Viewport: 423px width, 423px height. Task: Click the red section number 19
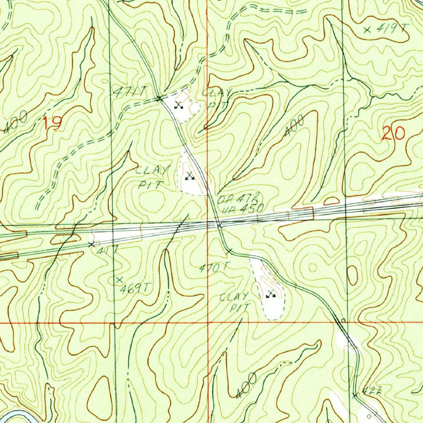click(x=53, y=124)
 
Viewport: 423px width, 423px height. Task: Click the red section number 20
click(x=394, y=134)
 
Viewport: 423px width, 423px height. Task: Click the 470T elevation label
click(x=213, y=268)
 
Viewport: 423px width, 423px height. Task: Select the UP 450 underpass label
click(x=241, y=209)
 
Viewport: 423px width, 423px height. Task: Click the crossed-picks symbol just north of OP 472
click(x=190, y=176)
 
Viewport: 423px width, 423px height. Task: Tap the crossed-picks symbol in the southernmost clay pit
click(x=271, y=295)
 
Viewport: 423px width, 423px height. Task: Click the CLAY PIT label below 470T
click(x=234, y=302)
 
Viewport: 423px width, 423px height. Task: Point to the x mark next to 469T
click(x=120, y=280)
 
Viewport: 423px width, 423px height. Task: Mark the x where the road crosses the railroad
click(x=219, y=225)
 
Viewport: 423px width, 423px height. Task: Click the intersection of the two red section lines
click(x=208, y=322)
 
